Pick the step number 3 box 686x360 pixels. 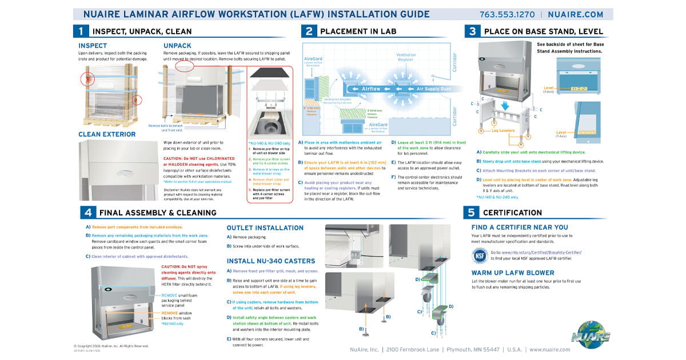point(472,31)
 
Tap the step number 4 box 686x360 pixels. point(87,213)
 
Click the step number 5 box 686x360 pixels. point(472,213)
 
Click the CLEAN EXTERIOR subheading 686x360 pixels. point(107,134)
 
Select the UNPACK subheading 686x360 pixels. point(177,46)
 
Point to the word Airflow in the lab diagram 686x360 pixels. point(371,89)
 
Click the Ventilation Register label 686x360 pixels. point(406,57)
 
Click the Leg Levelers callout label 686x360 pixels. point(503,131)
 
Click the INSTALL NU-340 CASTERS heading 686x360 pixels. point(270,261)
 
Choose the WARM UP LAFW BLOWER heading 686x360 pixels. point(513,273)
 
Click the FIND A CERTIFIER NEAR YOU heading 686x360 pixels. point(520,227)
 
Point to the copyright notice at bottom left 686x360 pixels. point(111,346)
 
